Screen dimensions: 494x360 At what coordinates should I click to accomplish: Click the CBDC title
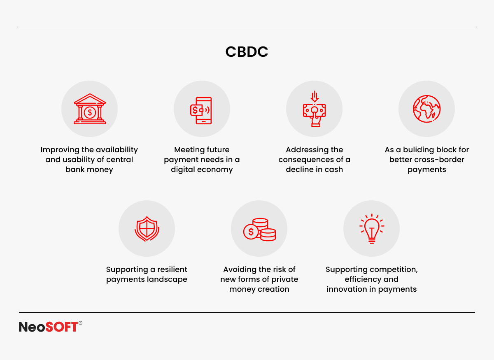[247, 52]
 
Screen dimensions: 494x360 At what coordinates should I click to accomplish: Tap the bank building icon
[90, 109]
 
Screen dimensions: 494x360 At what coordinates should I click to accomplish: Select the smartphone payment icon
[201, 110]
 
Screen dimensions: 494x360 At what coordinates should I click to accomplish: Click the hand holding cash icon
[314, 109]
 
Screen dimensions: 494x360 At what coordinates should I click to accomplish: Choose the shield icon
[147, 229]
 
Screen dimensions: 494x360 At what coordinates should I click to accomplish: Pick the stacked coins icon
[259, 230]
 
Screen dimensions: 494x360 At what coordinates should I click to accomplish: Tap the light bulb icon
[372, 229]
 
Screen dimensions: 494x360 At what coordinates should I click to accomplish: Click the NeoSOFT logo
[51, 327]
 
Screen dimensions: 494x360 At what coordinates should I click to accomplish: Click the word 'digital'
[182, 170]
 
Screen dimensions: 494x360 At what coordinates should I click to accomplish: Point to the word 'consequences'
[306, 160]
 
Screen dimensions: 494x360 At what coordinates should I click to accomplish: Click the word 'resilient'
[172, 269]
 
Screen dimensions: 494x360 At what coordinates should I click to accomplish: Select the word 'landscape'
[167, 279]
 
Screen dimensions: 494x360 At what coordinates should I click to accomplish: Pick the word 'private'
[285, 279]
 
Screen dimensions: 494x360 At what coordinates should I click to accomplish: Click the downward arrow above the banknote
[315, 96]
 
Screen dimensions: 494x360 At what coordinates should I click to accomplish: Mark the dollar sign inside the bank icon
[90, 112]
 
